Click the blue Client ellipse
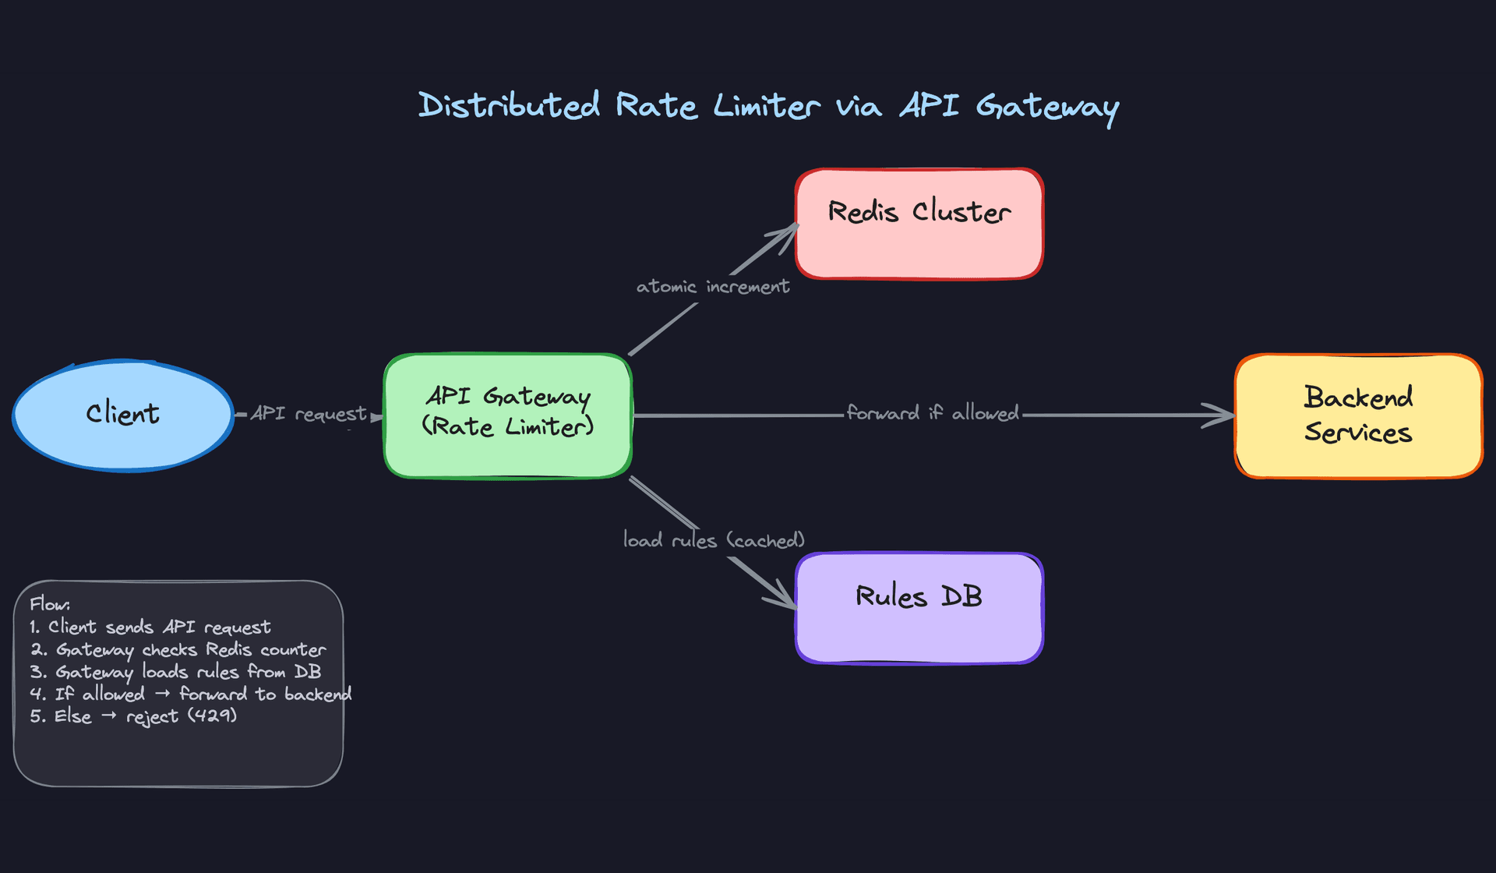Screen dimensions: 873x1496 pos(123,415)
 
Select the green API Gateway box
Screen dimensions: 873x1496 pos(507,415)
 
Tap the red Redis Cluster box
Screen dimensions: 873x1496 pos(919,224)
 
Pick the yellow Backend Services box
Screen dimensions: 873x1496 pos(1358,415)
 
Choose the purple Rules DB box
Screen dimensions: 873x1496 pos(919,608)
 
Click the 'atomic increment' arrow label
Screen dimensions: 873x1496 pos(712,287)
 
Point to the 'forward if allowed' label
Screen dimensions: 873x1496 pos(933,413)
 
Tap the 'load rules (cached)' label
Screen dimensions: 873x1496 pos(713,540)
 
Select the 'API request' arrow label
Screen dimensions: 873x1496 pos(309,414)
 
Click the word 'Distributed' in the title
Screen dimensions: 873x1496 pos(509,105)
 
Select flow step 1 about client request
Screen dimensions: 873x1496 pos(150,627)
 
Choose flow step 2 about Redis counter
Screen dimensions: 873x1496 pos(178,650)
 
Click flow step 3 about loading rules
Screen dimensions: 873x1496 pos(176,672)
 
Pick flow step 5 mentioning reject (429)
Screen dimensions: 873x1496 pos(133,716)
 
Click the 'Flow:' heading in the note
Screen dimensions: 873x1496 pos(50,605)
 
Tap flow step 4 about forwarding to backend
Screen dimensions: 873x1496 pos(191,695)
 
